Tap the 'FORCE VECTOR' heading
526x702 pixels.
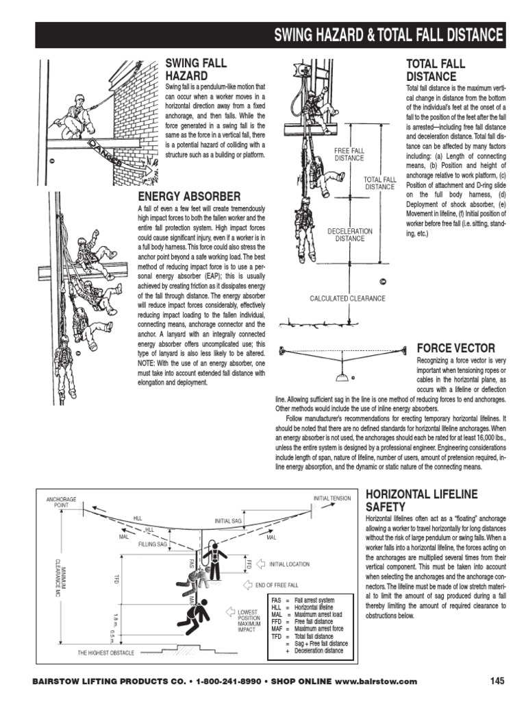[x=455, y=348]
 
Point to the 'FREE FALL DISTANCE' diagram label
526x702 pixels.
[x=349, y=154]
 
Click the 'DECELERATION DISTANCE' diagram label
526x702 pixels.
[x=349, y=235]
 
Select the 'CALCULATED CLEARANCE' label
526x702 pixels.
[x=347, y=299]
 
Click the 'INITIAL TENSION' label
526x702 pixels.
[x=331, y=498]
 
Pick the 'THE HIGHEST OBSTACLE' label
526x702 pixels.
[x=105, y=653]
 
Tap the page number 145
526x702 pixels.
[x=497, y=681]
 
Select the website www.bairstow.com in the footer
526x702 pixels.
[x=376, y=681]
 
